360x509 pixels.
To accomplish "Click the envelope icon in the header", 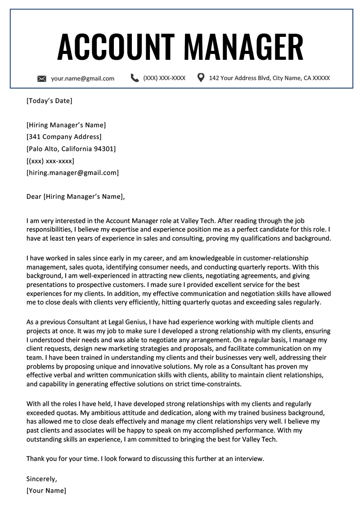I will tap(41, 79).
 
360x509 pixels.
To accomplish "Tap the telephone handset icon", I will tap(135, 78).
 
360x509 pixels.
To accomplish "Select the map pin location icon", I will tap(201, 78).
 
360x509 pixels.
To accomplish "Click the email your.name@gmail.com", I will tap(82, 78).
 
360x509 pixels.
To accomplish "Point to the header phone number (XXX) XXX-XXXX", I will tap(164, 78).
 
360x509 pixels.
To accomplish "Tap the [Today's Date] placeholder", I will tap(49, 101).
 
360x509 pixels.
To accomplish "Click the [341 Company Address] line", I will tap(64, 137).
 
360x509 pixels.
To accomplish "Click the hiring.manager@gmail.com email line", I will tap(72, 172).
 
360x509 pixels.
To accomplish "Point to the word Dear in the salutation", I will tap(34, 196).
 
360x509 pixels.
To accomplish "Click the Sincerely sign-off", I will tap(42, 478).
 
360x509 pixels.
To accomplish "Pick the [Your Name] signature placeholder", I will tap(46, 491).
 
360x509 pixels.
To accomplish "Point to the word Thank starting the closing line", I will tap(36, 459).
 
